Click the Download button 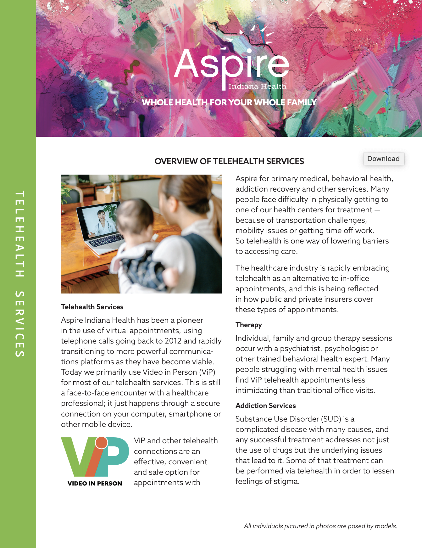coord(383,159)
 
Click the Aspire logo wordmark coord(232,64)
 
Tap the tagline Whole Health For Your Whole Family coord(229,102)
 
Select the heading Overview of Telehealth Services coord(229,161)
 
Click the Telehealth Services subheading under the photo coord(92,307)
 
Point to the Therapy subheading coord(248,325)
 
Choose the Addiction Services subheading coord(265,405)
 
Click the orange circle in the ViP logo coord(101,443)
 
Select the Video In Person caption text coord(95,484)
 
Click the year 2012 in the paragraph coord(173,341)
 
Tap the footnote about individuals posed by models coord(320,526)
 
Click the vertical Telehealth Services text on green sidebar coord(19,274)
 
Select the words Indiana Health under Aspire coord(257,86)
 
